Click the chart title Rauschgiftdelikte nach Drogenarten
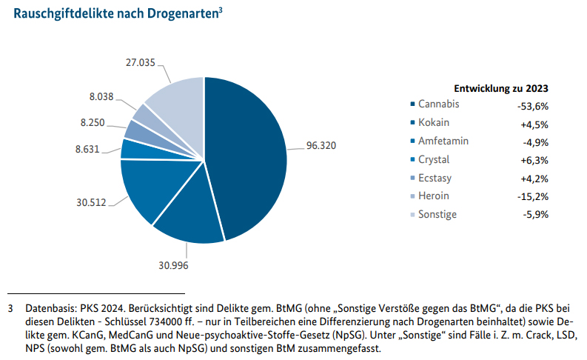pyautogui.click(x=115, y=16)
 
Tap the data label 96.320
pyautogui.click(x=321, y=146)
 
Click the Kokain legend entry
pyautogui.click(x=433, y=122)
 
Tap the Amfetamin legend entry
pyautogui.click(x=443, y=141)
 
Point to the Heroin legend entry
pyautogui.click(x=433, y=196)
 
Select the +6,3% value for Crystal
pyautogui.click(x=534, y=160)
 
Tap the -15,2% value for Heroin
pyautogui.click(x=533, y=197)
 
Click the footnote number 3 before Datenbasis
pyautogui.click(x=10, y=307)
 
